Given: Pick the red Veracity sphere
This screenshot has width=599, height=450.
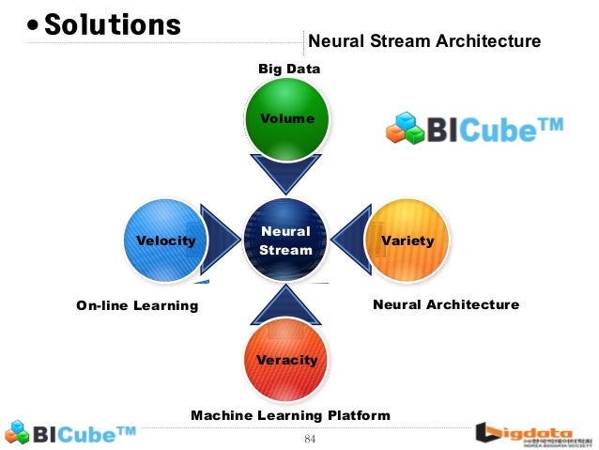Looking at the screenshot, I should click(286, 360).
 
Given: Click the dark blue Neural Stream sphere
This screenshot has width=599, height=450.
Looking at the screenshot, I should click(285, 240).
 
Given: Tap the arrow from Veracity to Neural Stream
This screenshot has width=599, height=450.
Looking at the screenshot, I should click(286, 303).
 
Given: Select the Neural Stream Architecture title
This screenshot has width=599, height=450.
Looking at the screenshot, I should click(424, 41).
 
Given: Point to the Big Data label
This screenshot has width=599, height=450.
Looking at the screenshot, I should click(289, 69).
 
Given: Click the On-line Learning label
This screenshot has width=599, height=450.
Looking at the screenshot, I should click(137, 305).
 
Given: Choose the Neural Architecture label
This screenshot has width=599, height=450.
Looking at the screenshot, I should click(446, 304).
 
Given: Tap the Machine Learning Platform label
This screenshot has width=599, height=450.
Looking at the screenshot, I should click(290, 415).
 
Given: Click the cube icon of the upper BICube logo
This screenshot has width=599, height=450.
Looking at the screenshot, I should click(407, 129).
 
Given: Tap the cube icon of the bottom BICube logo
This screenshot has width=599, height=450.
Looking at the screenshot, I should click(19, 433).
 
